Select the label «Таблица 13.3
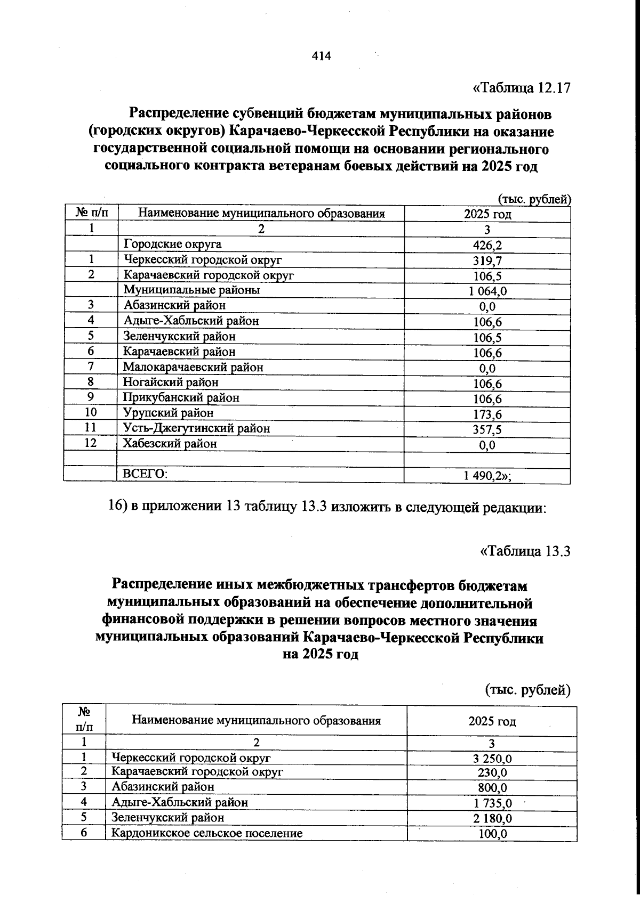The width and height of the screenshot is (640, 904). pos(525,551)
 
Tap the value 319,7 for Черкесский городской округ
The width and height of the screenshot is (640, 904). pos(487,261)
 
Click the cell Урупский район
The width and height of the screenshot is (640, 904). pos(168,413)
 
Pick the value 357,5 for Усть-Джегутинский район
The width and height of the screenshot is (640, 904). pos(487,430)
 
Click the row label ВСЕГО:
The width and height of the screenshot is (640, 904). pos(145,474)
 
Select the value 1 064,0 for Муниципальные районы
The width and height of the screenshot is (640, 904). pos(487,291)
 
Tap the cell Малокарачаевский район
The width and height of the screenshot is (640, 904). pos(193,367)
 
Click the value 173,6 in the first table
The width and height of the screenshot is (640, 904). pos(487,414)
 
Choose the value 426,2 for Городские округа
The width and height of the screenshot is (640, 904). pos(487,246)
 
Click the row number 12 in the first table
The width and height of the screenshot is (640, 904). pos(91,443)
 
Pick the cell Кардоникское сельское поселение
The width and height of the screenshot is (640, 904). pos(207,833)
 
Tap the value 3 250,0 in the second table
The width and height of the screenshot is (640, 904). pos(492,759)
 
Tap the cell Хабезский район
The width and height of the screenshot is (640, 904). pos(170,443)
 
